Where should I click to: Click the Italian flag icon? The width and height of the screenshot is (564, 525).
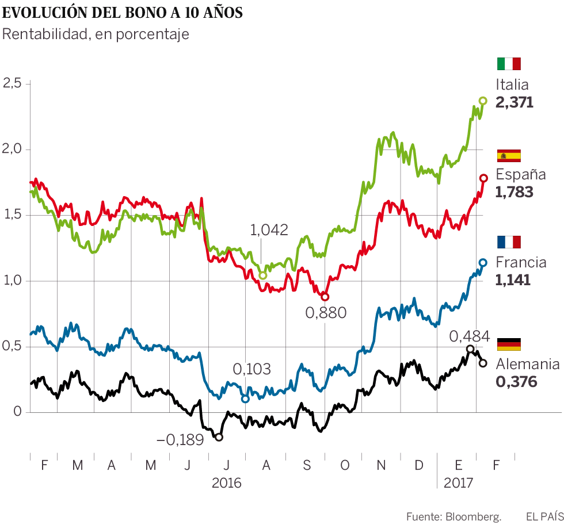coord(508,64)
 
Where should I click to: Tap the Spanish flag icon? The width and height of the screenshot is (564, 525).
coord(508,155)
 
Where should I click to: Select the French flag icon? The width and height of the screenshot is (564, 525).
coord(508,242)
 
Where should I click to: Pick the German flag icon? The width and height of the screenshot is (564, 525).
coord(508,344)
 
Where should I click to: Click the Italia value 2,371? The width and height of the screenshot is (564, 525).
coord(515,102)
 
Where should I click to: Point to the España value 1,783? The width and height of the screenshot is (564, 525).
coord(515,192)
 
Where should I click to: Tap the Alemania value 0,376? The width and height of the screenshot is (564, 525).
coord(516,381)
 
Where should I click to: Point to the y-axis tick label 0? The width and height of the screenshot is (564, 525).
coord(17,412)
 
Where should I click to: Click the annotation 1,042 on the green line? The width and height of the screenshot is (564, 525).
coord(269,230)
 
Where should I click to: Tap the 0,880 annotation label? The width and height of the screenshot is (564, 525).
coord(326,313)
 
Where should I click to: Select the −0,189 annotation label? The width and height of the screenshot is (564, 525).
coord(180,440)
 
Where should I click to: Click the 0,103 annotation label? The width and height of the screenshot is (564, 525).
coord(251,369)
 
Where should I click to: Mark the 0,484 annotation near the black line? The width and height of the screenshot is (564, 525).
coord(470,336)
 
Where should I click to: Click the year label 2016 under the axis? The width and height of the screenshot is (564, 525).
coord(227,483)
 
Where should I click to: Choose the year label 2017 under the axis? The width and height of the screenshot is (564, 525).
coord(458,483)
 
